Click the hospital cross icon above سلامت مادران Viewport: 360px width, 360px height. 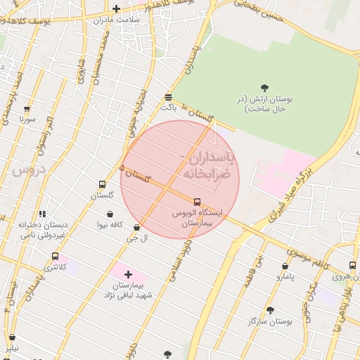pos(117,9)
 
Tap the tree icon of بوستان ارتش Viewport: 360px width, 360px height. pos(264,88)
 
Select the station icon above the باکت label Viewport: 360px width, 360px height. pos(167,97)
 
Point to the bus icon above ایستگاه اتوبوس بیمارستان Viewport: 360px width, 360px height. pos(196,201)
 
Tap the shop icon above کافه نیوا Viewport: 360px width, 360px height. pos(110,214)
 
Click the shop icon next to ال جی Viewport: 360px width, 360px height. pos(136,227)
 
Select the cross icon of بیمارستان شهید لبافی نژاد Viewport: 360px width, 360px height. pos(128,274)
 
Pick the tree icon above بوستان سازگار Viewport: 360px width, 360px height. pos(270,309)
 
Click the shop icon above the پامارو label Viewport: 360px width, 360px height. pos(285,266)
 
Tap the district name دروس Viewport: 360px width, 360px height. pos(27,169)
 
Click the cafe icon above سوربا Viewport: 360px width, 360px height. pos(27,109)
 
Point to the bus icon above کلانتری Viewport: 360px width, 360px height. pos(56,257)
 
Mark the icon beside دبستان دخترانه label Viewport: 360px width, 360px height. pos(42,214)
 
